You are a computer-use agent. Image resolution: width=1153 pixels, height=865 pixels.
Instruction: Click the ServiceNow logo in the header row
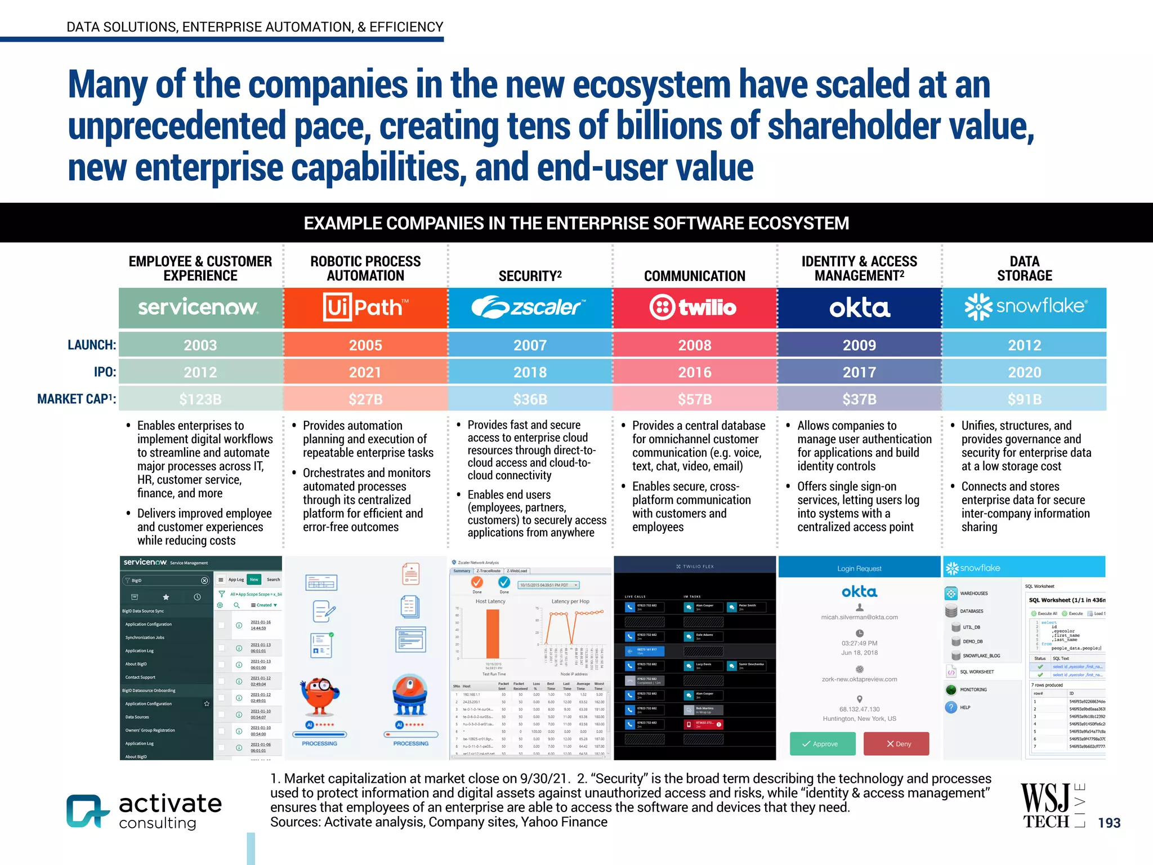pyautogui.click(x=198, y=307)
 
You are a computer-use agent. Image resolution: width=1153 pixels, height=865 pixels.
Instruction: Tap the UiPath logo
pyautogui.click(x=365, y=307)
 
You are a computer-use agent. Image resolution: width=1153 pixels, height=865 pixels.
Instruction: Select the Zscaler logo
pyautogui.click(x=529, y=307)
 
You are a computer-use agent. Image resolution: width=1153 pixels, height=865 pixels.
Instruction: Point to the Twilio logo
pyautogui.click(x=694, y=307)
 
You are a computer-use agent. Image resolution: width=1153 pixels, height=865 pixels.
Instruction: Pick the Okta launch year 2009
pyautogui.click(x=859, y=345)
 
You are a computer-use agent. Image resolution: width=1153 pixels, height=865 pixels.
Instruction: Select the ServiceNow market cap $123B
pyautogui.click(x=200, y=399)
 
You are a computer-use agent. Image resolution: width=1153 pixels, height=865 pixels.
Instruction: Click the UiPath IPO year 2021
pyautogui.click(x=365, y=372)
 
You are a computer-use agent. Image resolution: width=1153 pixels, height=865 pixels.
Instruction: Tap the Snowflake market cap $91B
pyautogui.click(x=1025, y=399)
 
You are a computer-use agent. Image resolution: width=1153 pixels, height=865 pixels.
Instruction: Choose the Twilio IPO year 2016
pyautogui.click(x=695, y=372)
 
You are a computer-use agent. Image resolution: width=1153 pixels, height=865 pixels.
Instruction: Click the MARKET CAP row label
pyautogui.click(x=77, y=399)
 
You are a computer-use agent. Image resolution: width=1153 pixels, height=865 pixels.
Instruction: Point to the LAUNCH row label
pyautogui.click(x=92, y=345)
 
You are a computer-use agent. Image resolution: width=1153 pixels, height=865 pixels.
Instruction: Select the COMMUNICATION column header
pyautogui.click(x=695, y=276)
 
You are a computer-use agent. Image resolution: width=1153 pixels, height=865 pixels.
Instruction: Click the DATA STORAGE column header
pyautogui.click(x=1025, y=269)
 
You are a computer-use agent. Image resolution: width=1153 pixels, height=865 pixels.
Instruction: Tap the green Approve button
pyautogui.click(x=823, y=744)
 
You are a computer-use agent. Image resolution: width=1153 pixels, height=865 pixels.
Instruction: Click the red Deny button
pyautogui.click(x=896, y=744)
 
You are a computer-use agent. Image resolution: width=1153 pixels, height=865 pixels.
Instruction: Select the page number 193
pyautogui.click(x=1109, y=823)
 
